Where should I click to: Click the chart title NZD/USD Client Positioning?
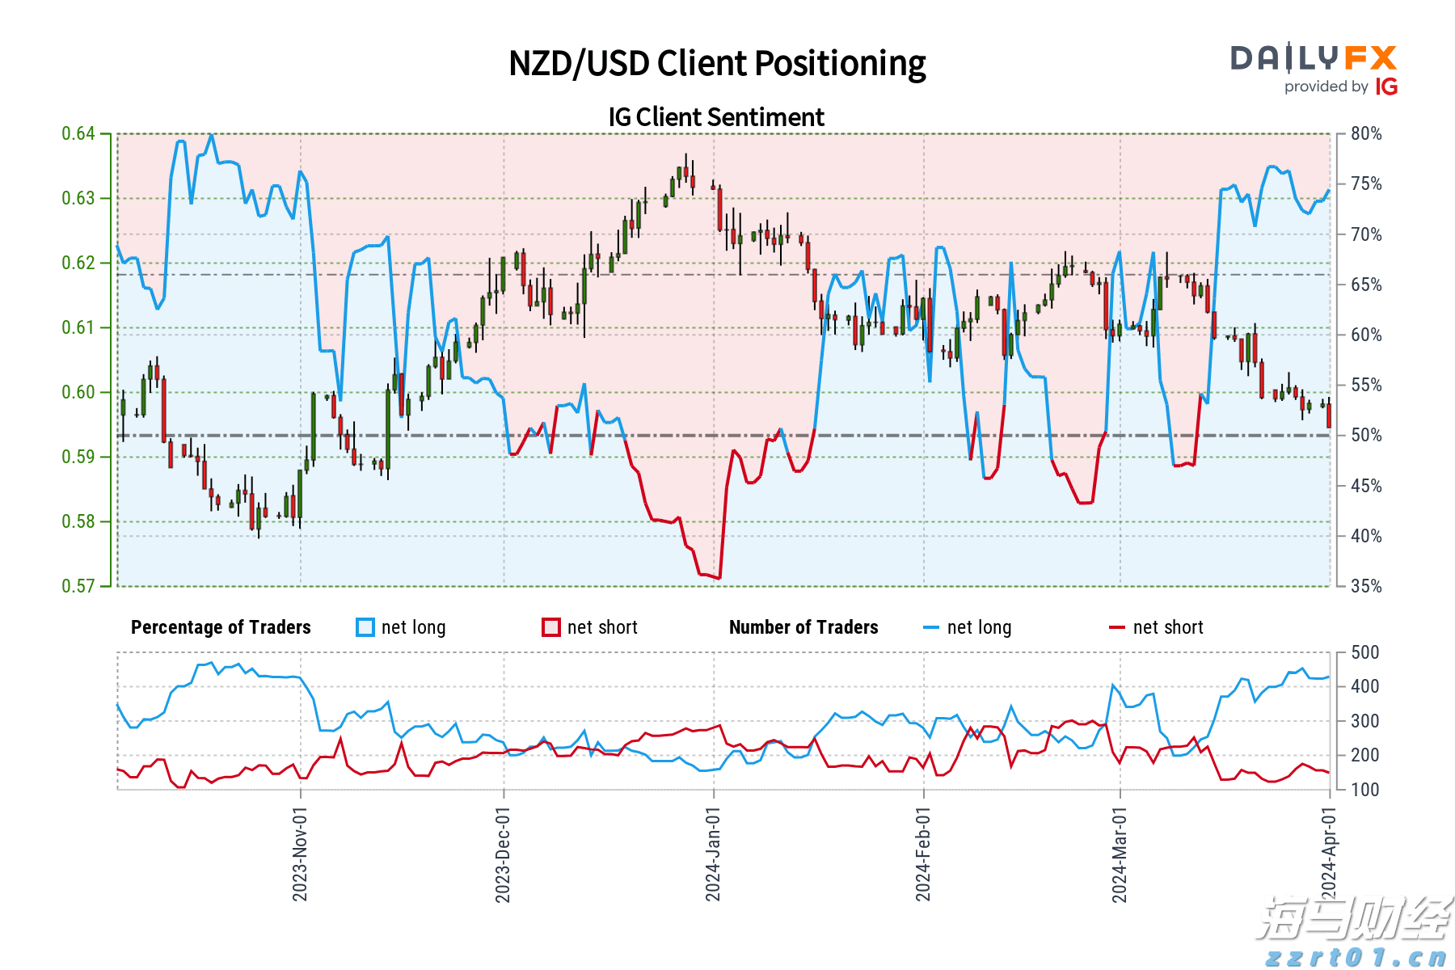click(x=717, y=64)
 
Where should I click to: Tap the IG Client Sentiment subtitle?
click(x=716, y=117)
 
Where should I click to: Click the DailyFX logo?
click(x=1314, y=58)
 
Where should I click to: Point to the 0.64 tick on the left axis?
click(x=78, y=133)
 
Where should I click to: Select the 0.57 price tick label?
click(x=78, y=586)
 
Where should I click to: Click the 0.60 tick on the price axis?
click(x=78, y=392)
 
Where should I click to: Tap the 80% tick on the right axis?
click(x=1366, y=133)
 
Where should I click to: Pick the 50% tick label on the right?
click(x=1366, y=435)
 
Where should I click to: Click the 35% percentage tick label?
click(x=1366, y=586)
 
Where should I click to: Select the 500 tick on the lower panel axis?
click(x=1364, y=652)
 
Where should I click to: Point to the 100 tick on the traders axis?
click(x=1364, y=790)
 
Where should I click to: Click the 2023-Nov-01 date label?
click(x=300, y=854)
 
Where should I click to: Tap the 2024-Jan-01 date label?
click(x=713, y=854)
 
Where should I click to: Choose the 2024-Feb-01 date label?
click(x=923, y=854)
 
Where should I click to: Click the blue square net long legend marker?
click(x=365, y=627)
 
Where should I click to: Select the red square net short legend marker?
click(x=551, y=627)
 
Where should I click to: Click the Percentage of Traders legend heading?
click(x=221, y=627)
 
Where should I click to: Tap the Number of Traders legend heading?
click(x=803, y=627)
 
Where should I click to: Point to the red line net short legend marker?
click(x=1117, y=627)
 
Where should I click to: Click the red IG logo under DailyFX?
click(x=1386, y=86)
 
